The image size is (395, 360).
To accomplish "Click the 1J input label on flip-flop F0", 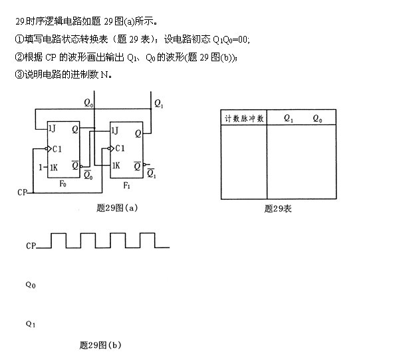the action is tap(52, 128).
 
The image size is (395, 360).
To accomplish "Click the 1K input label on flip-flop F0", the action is tap(54, 167).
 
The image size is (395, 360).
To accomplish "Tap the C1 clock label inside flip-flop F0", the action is tap(57, 149).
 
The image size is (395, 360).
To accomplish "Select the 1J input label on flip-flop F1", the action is tap(115, 130).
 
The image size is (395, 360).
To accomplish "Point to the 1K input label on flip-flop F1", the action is tap(116, 166).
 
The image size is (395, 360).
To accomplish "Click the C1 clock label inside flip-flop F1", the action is tap(120, 148).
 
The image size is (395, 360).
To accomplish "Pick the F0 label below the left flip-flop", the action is tap(63, 184).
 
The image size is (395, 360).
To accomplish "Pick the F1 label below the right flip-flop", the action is tap(127, 186).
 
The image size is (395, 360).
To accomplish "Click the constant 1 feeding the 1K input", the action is tap(41, 167).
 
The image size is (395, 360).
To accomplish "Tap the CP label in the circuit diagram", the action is tap(22, 192).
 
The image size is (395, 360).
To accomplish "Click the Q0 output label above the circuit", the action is tap(88, 103).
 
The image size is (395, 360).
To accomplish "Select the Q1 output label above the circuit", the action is tap(159, 103).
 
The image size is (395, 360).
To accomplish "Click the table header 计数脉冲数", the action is tap(244, 118).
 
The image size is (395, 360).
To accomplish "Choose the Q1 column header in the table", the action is tap(289, 118).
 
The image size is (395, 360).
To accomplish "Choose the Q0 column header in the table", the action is tap(317, 118).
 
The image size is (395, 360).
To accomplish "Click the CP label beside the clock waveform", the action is tap(31, 246).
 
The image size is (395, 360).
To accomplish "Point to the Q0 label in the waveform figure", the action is tap(31, 285).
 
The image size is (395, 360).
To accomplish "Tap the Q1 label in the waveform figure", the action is tap(31, 323).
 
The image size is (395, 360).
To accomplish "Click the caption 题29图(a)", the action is tap(117, 208).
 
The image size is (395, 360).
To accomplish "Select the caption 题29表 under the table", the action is tap(278, 209).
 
